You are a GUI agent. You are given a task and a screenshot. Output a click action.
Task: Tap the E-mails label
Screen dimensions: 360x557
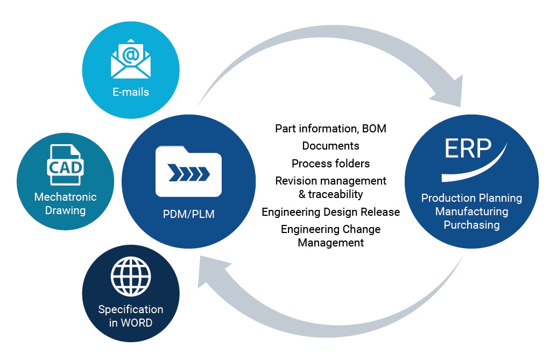tap(131, 92)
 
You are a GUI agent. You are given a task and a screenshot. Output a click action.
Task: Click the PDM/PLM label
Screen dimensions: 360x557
tap(188, 215)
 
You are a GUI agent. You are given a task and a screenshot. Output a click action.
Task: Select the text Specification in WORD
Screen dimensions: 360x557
tap(130, 316)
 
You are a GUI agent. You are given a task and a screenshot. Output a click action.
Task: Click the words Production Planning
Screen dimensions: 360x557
tap(471, 198)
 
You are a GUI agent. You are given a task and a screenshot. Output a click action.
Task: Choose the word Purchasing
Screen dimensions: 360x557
tap(471, 225)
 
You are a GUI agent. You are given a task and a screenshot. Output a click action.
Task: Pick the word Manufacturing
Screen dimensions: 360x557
tap(471, 211)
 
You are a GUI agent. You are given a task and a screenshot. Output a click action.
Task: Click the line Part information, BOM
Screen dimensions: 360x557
tap(330, 129)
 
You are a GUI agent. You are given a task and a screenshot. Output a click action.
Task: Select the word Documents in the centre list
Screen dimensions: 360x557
tap(330, 146)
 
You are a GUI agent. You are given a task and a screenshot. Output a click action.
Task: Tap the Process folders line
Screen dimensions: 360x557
tap(330, 163)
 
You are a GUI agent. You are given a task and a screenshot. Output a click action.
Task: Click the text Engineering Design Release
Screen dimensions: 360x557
tap(330, 212)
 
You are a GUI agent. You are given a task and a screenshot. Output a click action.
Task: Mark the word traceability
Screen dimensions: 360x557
tap(335, 194)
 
